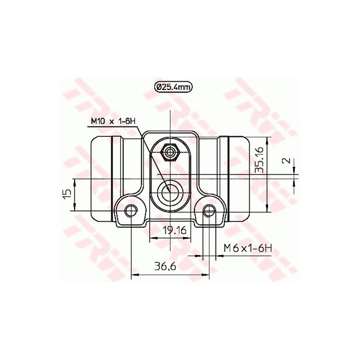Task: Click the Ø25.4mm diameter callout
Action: (x=173, y=87)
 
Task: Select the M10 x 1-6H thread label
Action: (x=113, y=121)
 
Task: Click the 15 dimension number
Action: (x=67, y=194)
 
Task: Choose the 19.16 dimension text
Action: (x=174, y=230)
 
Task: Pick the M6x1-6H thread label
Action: (x=248, y=248)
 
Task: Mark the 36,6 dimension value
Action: (x=165, y=266)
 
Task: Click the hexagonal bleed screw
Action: (x=170, y=152)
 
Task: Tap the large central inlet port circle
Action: (x=170, y=192)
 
